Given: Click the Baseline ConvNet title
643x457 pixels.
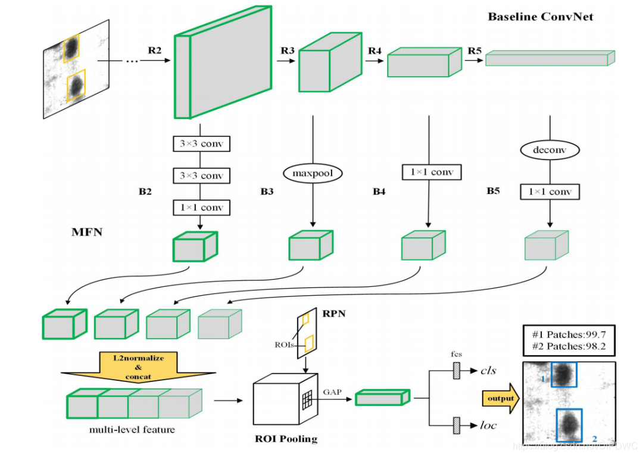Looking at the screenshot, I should click(541, 17).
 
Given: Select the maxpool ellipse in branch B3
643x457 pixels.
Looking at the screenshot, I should click(313, 173).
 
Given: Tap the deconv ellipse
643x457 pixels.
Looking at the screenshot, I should click(548, 149).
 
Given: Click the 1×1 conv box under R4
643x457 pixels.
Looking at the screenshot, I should click(427, 173).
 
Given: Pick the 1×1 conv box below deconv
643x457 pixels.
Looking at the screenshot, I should click(550, 192).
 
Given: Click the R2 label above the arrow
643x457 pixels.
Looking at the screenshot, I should click(155, 51).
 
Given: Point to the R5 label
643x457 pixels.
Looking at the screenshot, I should click(475, 51).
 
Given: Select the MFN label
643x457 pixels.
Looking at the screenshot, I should click(87, 232).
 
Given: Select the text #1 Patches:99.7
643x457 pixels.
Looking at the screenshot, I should click(568, 334).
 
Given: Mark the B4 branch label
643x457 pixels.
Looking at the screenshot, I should click(380, 191).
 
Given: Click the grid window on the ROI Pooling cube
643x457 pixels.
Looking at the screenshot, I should click(307, 401).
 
